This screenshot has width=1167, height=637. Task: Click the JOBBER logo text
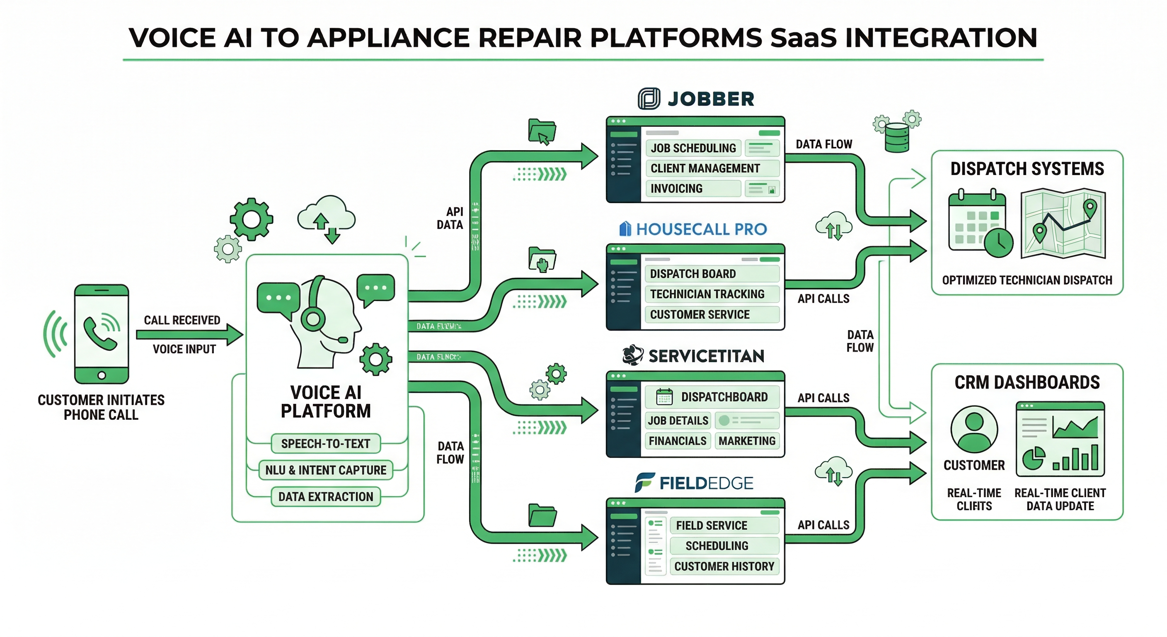[710, 99]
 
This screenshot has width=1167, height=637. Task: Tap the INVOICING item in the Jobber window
[676, 188]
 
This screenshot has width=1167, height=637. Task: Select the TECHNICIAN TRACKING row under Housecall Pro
[707, 294]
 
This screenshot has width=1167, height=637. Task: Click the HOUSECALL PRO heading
[701, 229]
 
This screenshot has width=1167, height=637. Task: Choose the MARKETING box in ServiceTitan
[747, 441]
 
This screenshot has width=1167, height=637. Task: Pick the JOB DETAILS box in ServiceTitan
[678, 421]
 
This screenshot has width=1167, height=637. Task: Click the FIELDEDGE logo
[694, 483]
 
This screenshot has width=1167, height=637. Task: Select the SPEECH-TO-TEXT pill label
[325, 444]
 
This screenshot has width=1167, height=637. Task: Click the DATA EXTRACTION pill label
[325, 497]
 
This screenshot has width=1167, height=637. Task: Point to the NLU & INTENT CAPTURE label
[325, 470]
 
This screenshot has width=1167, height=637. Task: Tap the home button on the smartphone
[102, 375]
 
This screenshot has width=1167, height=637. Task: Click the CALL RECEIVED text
[182, 320]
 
